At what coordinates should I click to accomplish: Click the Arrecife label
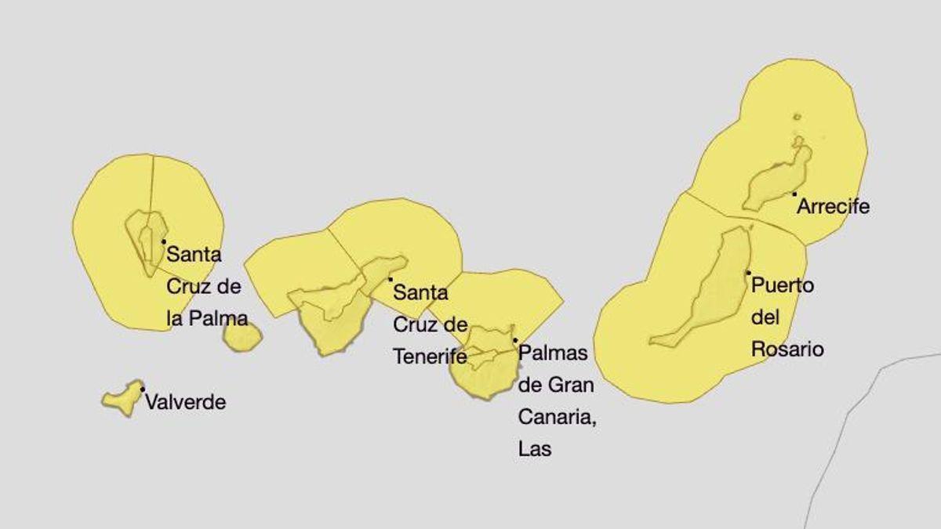pos(833,207)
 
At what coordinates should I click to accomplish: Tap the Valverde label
pos(185,403)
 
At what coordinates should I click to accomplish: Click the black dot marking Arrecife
pos(794,194)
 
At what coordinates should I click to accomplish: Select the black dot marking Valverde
pos(143,389)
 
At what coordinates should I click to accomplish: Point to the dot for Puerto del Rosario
pos(749,273)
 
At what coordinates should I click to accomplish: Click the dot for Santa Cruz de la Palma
pos(163,241)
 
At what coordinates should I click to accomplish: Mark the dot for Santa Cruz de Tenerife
pos(390,279)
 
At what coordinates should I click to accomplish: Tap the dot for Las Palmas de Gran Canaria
pos(515,340)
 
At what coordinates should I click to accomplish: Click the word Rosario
pos(787,349)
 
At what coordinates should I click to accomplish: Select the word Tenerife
pos(430,357)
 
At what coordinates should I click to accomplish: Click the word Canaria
pos(557,417)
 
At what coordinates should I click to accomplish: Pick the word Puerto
pos(783,285)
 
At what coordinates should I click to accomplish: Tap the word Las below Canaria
pos(535,449)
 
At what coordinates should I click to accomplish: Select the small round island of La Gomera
pos(242,336)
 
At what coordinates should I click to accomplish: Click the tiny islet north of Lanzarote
pos(797,118)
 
